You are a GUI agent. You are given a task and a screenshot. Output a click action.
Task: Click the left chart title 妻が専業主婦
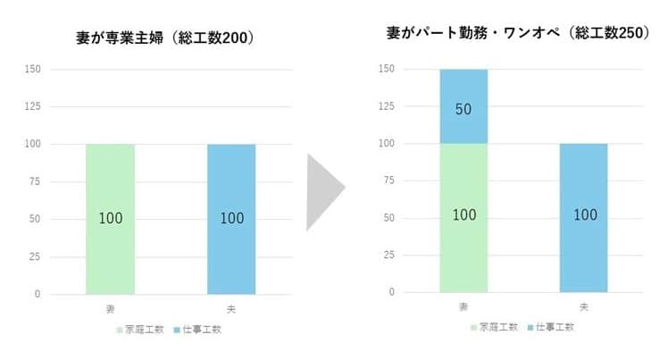(x=166, y=38)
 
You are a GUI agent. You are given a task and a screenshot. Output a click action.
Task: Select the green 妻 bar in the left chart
(x=110, y=219)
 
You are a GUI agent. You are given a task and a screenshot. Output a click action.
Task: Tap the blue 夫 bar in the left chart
(x=231, y=219)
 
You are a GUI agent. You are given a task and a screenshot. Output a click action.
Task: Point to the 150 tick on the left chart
(x=32, y=69)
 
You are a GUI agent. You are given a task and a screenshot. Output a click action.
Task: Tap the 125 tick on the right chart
(x=387, y=106)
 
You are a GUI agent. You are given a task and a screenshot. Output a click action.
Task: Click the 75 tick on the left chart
(x=35, y=182)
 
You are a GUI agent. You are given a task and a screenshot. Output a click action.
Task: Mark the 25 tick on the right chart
(x=389, y=255)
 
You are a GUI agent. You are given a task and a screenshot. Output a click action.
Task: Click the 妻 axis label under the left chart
(x=110, y=309)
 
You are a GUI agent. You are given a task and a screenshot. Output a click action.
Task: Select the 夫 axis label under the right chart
(x=584, y=307)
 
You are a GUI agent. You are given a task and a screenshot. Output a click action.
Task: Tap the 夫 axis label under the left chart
(x=231, y=309)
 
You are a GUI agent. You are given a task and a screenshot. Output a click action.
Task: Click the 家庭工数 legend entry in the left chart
(x=141, y=330)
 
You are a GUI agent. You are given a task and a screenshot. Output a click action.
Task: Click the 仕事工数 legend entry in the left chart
(x=198, y=330)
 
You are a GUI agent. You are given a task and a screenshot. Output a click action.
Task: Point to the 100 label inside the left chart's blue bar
(x=231, y=219)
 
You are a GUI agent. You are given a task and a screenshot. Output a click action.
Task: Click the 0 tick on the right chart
(x=392, y=292)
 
